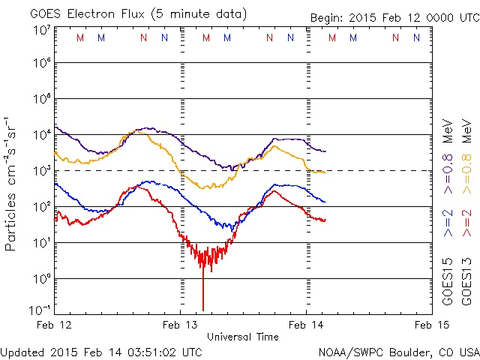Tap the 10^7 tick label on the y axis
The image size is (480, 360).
(39, 30)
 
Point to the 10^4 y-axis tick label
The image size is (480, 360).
(39, 134)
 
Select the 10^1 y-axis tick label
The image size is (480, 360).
(39, 242)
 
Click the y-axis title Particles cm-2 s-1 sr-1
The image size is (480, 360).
(11, 183)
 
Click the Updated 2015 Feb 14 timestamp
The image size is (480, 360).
(101, 352)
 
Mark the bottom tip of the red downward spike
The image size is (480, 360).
(202, 310)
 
